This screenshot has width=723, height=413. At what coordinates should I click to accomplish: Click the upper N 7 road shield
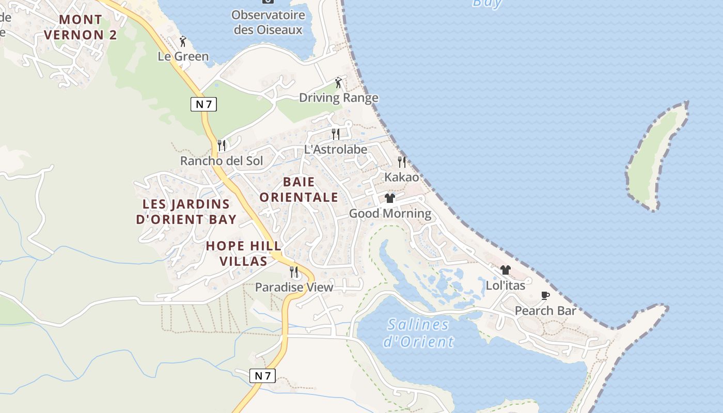[203, 104]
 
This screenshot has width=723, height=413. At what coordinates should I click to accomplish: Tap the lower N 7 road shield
[262, 376]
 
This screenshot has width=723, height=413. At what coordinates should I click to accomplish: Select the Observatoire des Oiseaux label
[268, 22]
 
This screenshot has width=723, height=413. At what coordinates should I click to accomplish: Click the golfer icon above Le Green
[182, 41]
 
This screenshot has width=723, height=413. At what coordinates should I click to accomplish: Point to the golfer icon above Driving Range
[338, 82]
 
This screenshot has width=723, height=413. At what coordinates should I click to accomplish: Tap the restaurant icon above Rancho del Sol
[222, 145]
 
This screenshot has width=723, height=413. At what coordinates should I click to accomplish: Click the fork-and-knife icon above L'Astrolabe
[336, 134]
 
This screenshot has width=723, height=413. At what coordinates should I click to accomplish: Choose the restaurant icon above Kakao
[402, 162]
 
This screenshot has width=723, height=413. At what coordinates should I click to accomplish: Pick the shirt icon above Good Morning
[390, 198]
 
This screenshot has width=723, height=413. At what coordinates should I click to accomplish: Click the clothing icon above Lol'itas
[505, 270]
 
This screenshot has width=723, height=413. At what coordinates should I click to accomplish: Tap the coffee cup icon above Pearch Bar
[545, 295]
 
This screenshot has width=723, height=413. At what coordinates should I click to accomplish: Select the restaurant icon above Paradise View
[294, 272]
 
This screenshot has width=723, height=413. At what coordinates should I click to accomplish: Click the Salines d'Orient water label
[418, 333]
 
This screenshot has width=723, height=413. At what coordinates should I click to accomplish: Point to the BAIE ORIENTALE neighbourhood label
[299, 189]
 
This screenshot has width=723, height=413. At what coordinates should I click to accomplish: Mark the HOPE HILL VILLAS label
[244, 253]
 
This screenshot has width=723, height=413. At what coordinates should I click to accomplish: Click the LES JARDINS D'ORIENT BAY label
[186, 212]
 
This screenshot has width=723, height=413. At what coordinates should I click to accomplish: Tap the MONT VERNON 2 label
[81, 27]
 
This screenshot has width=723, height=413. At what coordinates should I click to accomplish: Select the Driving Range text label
[339, 98]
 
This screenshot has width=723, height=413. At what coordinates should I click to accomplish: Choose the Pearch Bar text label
[545, 311]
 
